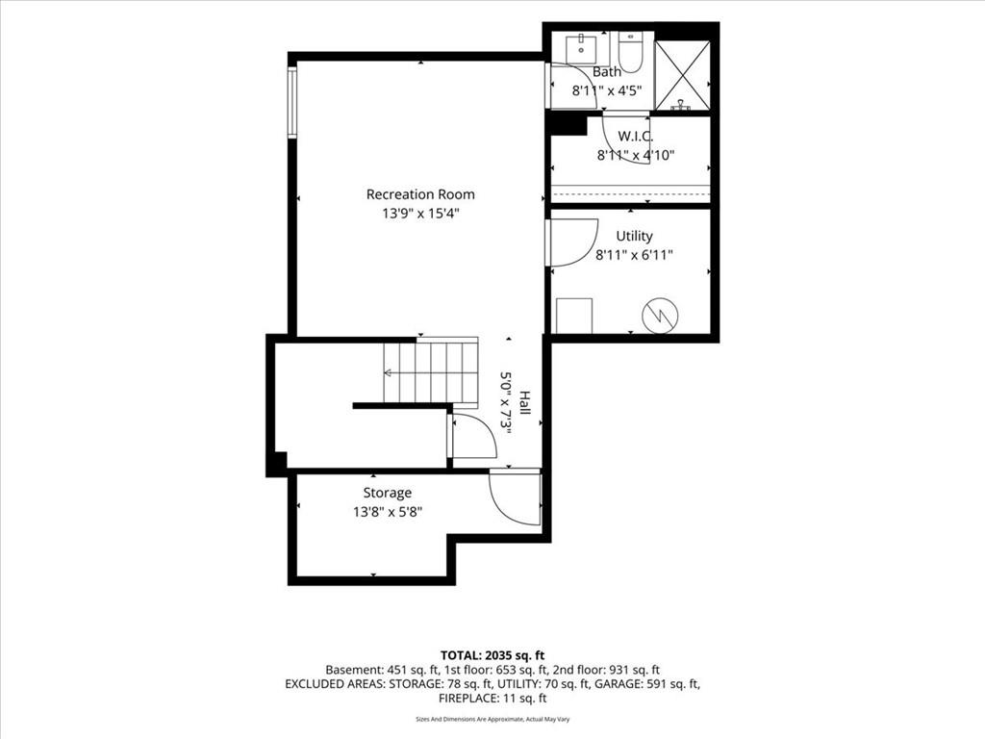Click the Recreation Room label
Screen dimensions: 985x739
(x=420, y=194)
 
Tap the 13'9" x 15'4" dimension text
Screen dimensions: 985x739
(x=421, y=214)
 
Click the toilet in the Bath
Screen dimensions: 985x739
(x=629, y=52)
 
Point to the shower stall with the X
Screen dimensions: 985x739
(x=682, y=75)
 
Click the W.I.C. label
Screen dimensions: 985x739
(x=635, y=136)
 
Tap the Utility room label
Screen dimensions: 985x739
(x=634, y=236)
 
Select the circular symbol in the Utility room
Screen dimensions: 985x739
(x=660, y=315)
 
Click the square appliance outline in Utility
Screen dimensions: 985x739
(x=574, y=316)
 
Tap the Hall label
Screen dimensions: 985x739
(x=524, y=403)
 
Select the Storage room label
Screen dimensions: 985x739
(x=388, y=493)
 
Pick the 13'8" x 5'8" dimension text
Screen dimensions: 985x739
(x=388, y=512)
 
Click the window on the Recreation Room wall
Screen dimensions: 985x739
(x=292, y=101)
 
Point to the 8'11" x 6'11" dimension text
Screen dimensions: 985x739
(x=635, y=255)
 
